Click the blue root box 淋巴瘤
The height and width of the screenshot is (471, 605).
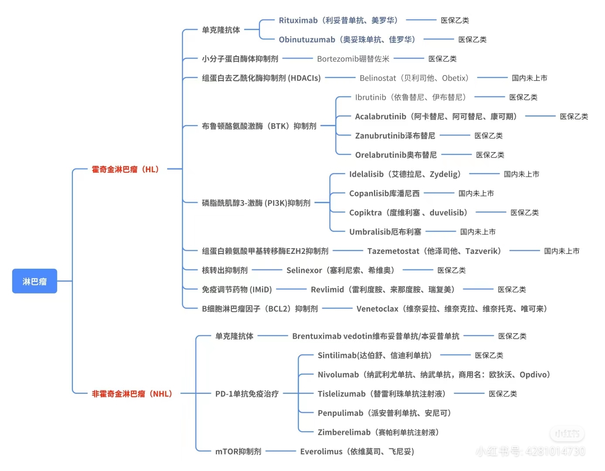34,281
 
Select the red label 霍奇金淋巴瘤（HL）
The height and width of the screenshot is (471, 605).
125,169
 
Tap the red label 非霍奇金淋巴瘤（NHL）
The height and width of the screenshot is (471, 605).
132,394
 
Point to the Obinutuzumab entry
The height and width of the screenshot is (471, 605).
347,40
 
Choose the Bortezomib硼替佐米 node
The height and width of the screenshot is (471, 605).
353,59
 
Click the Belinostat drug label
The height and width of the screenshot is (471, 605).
414,78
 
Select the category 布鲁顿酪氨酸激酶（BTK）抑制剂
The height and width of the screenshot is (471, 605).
259,126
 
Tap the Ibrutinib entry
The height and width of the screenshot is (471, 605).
410,97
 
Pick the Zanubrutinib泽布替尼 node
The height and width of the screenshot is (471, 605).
395,136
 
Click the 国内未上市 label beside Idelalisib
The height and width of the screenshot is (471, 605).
522,174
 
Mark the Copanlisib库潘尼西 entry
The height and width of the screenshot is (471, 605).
384,193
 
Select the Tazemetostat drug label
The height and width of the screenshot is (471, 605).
434,251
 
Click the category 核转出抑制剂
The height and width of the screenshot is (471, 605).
225,270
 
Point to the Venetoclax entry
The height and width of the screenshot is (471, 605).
452,309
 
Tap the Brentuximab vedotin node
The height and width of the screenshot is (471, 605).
376,336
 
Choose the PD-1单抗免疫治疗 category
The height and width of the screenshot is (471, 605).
247,394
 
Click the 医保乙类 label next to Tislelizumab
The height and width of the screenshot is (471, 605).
503,394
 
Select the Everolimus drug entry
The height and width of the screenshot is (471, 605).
357,451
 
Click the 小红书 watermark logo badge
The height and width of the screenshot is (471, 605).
567,433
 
